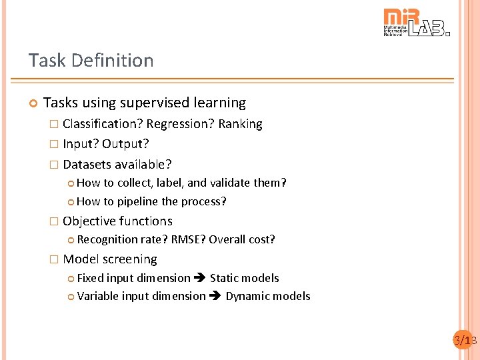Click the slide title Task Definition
(x=91, y=61)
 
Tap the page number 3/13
(x=465, y=341)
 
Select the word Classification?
(x=103, y=124)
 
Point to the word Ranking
(x=240, y=124)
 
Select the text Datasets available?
(x=117, y=164)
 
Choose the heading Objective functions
(x=117, y=221)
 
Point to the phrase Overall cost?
(x=242, y=239)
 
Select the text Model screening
(x=110, y=259)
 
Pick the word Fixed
(x=90, y=278)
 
